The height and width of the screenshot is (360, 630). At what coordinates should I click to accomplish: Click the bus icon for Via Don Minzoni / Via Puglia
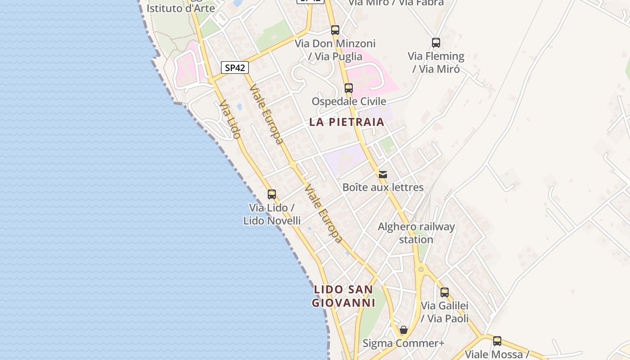[x=335, y=30]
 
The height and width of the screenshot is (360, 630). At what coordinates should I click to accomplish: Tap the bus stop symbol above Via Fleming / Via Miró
[x=436, y=43]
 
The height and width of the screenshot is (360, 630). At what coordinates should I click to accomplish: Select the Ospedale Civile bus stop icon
[x=349, y=88]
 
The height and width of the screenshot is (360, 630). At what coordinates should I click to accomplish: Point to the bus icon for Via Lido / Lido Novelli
[x=272, y=194]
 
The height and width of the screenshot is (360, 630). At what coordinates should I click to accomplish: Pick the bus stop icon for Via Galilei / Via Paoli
[x=445, y=292]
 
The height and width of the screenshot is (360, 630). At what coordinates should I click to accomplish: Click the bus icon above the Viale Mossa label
[x=497, y=341]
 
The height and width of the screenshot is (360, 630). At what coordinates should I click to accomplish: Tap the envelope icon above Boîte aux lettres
[x=383, y=175]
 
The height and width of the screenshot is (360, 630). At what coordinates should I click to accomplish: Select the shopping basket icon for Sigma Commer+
[x=404, y=330]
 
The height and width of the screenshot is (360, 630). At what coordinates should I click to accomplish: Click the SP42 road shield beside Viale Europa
[x=235, y=68]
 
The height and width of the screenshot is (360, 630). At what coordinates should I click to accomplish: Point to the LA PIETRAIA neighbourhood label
[x=347, y=122]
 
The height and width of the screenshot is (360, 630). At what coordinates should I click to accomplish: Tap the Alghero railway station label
[x=416, y=233]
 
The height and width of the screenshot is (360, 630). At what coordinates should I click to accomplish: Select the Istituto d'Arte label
[x=181, y=8]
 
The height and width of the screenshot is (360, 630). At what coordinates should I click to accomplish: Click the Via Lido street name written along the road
[x=230, y=119]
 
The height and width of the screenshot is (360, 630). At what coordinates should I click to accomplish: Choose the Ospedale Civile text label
[x=349, y=101]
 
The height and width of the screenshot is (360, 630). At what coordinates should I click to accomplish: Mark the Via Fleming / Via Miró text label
[x=436, y=63]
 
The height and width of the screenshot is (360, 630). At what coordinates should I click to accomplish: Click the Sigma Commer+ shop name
[x=404, y=343]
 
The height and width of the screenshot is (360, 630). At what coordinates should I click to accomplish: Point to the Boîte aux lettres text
[x=383, y=187]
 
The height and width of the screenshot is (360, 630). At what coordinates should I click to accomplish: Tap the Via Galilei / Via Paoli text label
[x=445, y=312]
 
